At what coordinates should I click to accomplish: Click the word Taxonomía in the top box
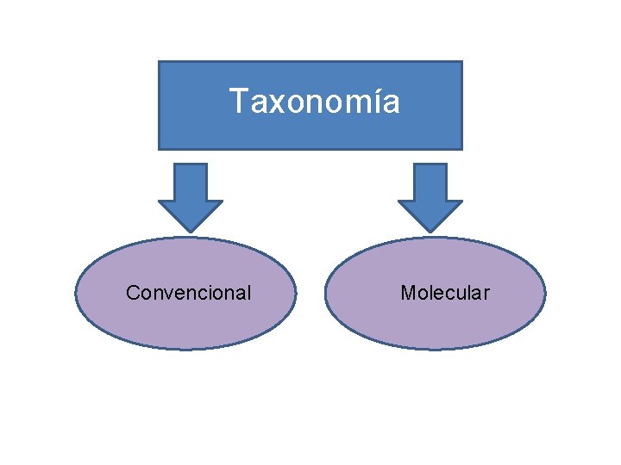click(315, 102)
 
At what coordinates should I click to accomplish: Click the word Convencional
click(188, 293)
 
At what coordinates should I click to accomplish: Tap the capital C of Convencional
click(133, 293)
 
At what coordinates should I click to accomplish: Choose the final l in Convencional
click(248, 293)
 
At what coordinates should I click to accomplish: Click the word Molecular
click(444, 293)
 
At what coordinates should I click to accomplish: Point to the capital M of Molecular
click(407, 293)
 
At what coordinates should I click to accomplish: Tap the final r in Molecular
click(486, 294)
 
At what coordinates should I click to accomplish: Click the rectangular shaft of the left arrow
click(191, 182)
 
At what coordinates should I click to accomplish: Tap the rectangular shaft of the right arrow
click(430, 182)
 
